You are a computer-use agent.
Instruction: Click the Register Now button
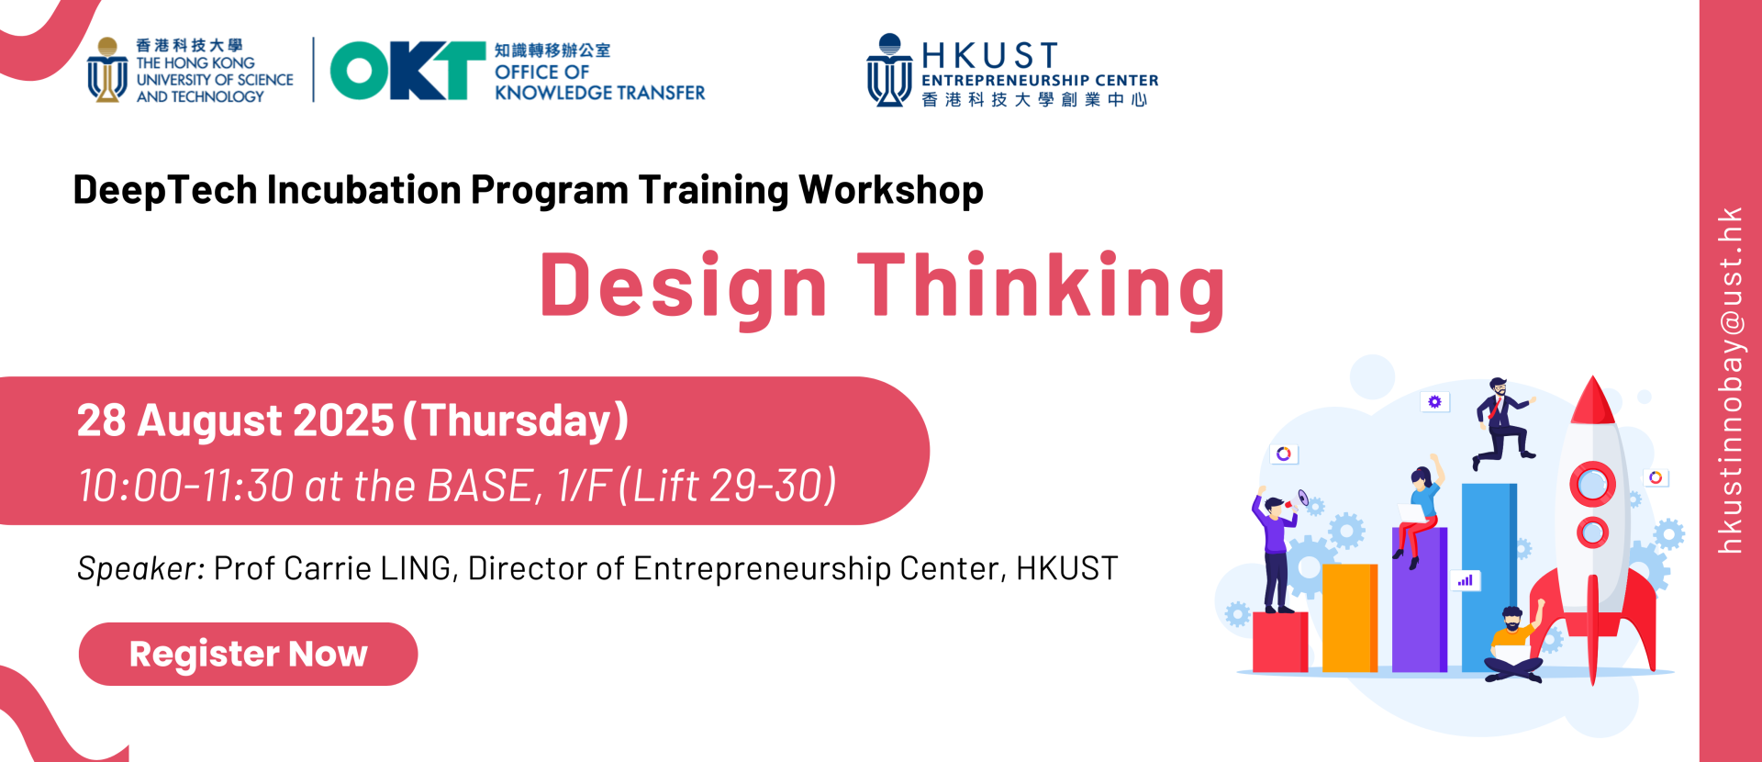tap(248, 654)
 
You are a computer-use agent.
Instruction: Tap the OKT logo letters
tap(407, 71)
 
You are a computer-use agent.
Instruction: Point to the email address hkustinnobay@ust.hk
tap(1730, 380)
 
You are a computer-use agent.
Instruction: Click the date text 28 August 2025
tap(235, 421)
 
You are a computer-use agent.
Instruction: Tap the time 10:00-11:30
tap(185, 486)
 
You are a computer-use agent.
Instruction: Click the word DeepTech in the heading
tap(165, 190)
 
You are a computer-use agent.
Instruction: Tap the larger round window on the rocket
tap(1592, 484)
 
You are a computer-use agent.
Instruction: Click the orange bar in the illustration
tap(1350, 618)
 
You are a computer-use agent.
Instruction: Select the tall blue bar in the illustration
tap(1489, 577)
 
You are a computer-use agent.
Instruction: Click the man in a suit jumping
tap(1501, 421)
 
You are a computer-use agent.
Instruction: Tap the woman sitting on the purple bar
tap(1419, 510)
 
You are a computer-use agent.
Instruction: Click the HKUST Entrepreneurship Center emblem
tap(889, 71)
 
